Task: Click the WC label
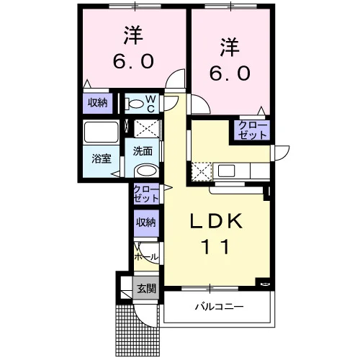pos(151,104)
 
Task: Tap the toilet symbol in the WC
pos(135,104)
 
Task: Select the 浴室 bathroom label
pos(102,158)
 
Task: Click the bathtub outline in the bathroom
pos(101,132)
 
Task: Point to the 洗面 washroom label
pos(143,151)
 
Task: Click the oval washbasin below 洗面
pos(146,171)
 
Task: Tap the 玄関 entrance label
pos(146,288)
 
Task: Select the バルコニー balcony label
pos(219,307)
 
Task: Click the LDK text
pos(216,221)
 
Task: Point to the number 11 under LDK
pos(216,247)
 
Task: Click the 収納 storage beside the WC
pos(97,103)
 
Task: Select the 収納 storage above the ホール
pos(146,223)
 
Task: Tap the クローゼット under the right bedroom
pos(253,130)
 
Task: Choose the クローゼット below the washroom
pos(146,194)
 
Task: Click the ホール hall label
pos(146,257)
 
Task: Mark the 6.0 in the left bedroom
pos(133,61)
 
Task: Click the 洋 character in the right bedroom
pos(230,48)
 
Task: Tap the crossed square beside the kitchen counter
pos(202,171)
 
